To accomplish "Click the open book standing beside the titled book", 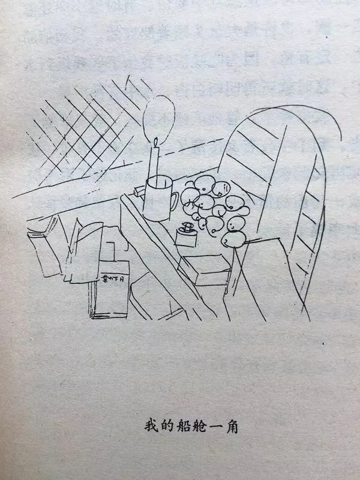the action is [84, 246].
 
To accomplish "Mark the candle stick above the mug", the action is [155, 161].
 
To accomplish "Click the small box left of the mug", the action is [139, 191].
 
